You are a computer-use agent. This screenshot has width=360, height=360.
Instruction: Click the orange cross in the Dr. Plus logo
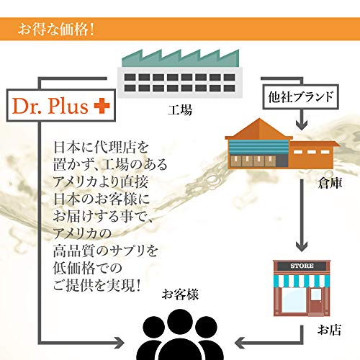(102, 106)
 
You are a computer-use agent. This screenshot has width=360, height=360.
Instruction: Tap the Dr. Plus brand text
(50, 106)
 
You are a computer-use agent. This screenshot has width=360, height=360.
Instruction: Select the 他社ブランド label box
(301, 96)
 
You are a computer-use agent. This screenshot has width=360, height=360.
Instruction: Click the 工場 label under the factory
(180, 110)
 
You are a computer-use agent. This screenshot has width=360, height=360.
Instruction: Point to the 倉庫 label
(330, 183)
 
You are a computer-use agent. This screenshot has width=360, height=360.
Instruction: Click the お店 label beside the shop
(329, 330)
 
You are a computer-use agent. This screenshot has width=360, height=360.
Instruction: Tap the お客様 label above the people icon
(180, 294)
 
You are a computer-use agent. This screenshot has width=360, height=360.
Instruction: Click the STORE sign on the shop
(302, 266)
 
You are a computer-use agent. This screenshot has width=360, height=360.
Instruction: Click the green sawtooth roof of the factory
(181, 58)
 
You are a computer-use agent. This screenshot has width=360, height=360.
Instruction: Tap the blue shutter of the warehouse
(258, 147)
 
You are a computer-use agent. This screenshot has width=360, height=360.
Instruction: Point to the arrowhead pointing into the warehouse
(302, 125)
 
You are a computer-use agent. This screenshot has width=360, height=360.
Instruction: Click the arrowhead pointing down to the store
(302, 247)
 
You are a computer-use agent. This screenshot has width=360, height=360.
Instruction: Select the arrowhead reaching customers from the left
(120, 343)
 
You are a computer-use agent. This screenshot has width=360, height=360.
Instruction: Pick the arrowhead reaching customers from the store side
(240, 343)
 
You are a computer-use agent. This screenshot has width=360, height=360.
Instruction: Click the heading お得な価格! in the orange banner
(56, 30)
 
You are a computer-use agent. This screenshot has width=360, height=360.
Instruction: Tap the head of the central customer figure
(180, 322)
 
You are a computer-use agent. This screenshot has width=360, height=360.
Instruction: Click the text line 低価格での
(88, 268)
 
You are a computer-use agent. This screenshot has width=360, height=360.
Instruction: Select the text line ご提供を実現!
(96, 285)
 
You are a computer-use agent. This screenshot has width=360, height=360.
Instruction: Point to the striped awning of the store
(302, 281)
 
